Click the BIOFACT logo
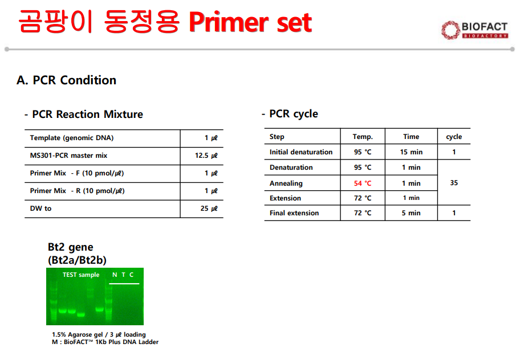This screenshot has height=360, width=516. coord(474,30)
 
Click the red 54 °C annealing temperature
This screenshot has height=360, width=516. coord(362,183)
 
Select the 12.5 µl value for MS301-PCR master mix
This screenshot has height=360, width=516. coord(206,156)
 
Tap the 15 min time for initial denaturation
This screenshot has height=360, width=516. coord(411,152)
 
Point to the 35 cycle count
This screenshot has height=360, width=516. coord(454,183)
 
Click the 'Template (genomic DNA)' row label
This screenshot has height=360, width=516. coord(72,138)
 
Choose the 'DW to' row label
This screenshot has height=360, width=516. coord(41,208)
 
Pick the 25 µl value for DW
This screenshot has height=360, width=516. coord(209,208)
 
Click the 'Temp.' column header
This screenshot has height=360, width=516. coord(363,137)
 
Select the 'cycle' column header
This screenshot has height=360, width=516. coord(454,137)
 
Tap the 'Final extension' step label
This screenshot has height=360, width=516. coord(294,213)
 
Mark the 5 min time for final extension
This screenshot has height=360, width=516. coord(411,213)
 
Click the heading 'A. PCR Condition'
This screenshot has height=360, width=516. coord(67,80)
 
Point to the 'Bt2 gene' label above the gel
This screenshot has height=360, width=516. coord(71,247)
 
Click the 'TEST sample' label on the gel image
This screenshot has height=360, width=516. coord(81,275)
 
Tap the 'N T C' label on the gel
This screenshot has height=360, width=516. coord(123,275)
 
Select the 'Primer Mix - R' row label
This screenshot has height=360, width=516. coord(78,191)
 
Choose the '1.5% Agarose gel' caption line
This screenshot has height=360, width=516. coord(99,334)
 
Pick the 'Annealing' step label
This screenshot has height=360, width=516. coord(286,183)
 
